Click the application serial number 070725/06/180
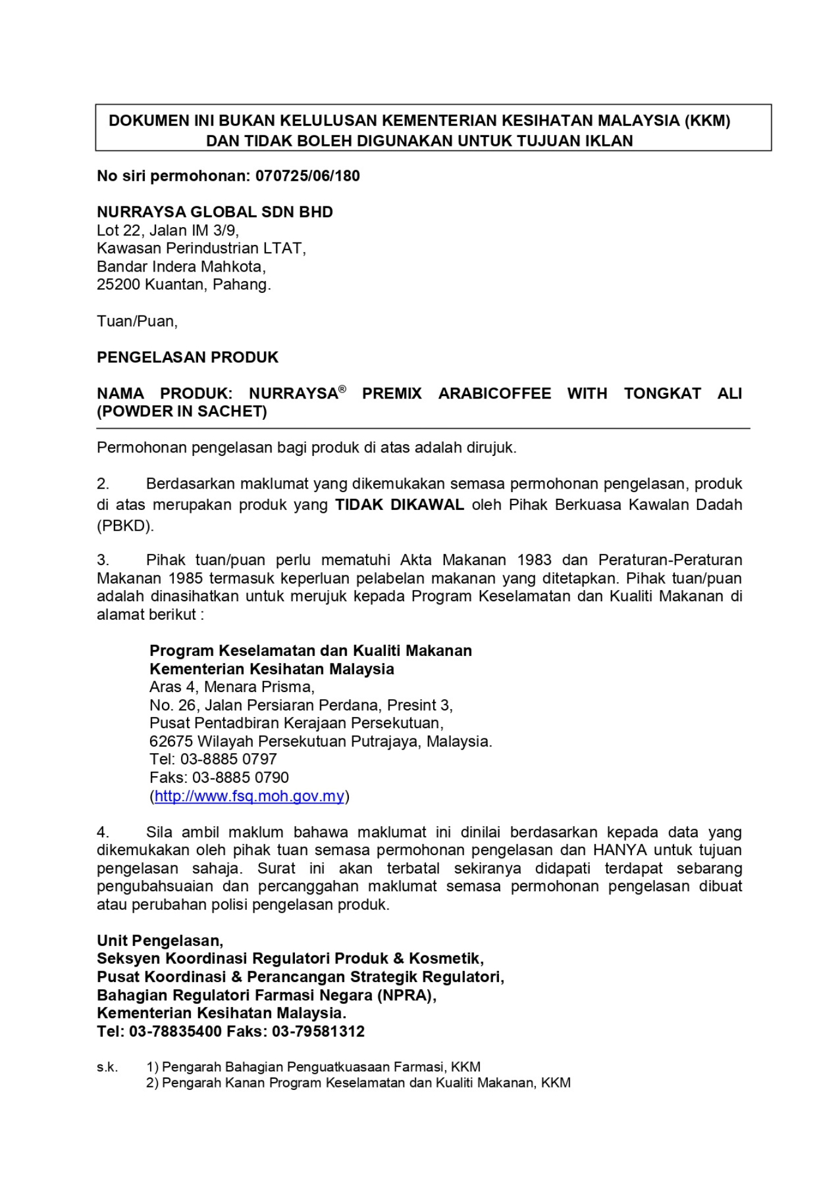click(x=307, y=176)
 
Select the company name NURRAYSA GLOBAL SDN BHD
click(x=215, y=212)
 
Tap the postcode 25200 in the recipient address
click(x=119, y=285)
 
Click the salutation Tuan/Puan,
click(x=137, y=321)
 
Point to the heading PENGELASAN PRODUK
click(x=187, y=358)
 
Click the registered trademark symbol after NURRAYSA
click(x=342, y=389)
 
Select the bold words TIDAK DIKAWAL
click(x=399, y=505)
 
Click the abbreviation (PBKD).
click(x=125, y=526)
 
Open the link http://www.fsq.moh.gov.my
click(x=249, y=796)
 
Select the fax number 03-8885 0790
click(x=240, y=778)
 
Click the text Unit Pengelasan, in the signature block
click(x=160, y=941)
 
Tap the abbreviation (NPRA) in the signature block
click(x=406, y=996)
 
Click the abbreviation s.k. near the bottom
click(x=107, y=1067)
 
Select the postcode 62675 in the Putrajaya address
click(x=171, y=742)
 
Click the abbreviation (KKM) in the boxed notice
click(x=707, y=121)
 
